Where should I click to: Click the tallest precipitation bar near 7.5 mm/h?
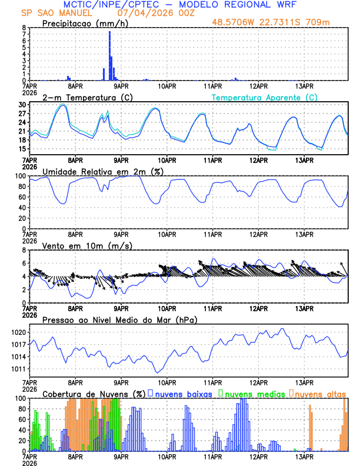[x=109, y=53]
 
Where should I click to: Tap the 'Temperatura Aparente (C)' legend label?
[x=264, y=97]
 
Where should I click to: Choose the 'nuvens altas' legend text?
[x=320, y=394]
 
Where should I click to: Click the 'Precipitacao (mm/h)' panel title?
[x=82, y=24]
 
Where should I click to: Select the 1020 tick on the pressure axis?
[x=18, y=332]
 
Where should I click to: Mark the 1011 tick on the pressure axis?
[x=18, y=369]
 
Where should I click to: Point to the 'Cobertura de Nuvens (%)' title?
[x=94, y=394]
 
